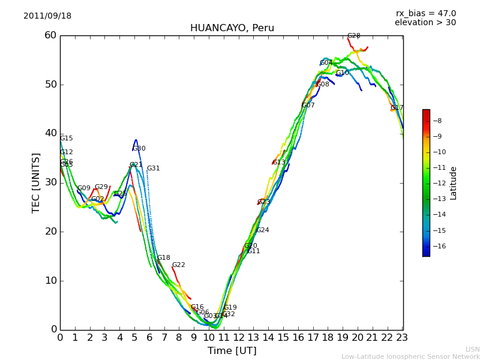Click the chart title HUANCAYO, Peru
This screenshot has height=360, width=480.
(x=232, y=28)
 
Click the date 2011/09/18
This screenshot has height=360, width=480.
(x=47, y=16)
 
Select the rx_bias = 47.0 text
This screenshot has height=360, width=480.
(x=425, y=14)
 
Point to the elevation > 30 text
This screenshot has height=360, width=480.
(x=425, y=23)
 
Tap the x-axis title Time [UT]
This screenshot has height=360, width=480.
(x=232, y=351)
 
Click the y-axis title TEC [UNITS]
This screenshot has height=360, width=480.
(x=36, y=182)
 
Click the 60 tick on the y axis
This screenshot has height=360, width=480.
(x=50, y=35)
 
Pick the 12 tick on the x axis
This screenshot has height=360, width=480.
(x=238, y=338)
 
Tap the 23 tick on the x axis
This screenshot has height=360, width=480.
(x=402, y=338)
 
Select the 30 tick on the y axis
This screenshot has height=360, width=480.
(x=50, y=182)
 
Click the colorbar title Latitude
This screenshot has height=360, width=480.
(x=454, y=183)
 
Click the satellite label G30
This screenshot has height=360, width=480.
(x=139, y=149)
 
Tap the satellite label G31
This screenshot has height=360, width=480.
(x=154, y=169)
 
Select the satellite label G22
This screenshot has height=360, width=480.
(x=179, y=265)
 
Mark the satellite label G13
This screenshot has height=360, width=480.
(x=279, y=163)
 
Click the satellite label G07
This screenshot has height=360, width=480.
(x=308, y=106)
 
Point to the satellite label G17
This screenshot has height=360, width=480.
(x=397, y=108)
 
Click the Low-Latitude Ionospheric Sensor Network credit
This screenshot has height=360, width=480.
(x=410, y=356)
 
